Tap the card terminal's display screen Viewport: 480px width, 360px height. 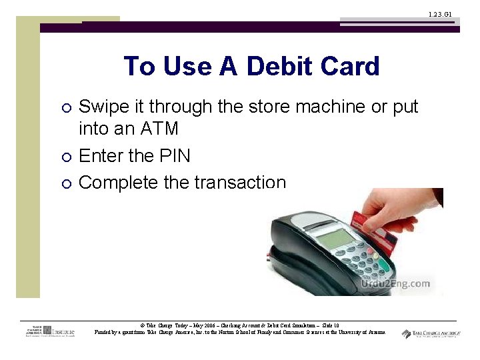point(333,238)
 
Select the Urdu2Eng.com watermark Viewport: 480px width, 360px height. point(395,284)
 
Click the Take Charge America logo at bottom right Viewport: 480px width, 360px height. point(431,333)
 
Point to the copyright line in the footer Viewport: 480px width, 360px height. point(239,325)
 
